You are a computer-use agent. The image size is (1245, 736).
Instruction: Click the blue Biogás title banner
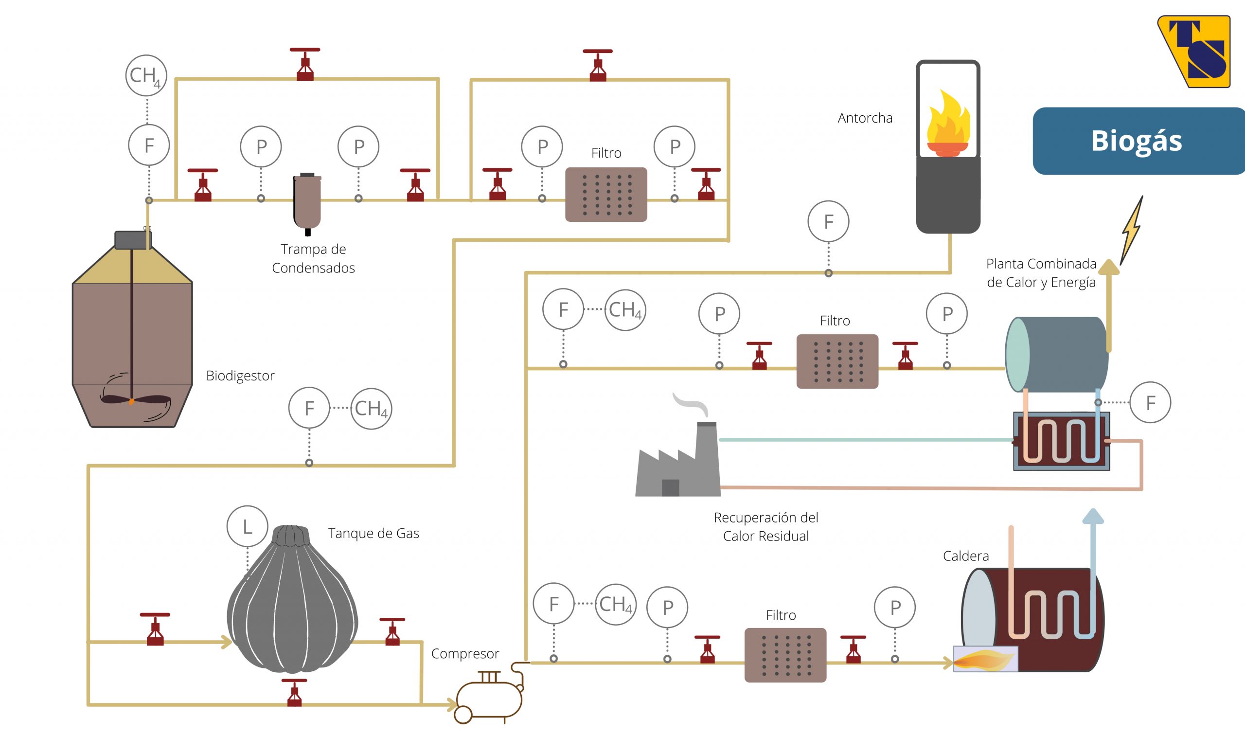coord(1138,141)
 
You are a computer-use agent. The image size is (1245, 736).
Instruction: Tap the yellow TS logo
coord(1195,51)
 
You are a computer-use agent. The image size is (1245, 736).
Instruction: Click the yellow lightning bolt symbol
coord(1132,231)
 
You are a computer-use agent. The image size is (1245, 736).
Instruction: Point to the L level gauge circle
coord(248,526)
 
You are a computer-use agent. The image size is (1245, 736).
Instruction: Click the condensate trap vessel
coord(307,204)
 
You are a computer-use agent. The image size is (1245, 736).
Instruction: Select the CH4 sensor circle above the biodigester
coord(146,75)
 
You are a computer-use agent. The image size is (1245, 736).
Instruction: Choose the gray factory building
coord(678,459)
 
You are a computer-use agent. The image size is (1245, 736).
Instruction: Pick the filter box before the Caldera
coord(785,655)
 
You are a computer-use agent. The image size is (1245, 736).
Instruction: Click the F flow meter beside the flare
coord(829,221)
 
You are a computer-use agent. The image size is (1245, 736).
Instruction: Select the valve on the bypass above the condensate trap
coord(305,64)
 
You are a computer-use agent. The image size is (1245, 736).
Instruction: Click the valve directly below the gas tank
coord(295,692)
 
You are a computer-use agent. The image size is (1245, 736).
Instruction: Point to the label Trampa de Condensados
coord(313,258)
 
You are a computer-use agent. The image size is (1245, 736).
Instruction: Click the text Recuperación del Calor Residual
coord(766,527)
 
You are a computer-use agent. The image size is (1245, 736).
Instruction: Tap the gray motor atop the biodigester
coord(132,240)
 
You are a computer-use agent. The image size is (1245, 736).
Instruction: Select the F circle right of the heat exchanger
coord(1150,402)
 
